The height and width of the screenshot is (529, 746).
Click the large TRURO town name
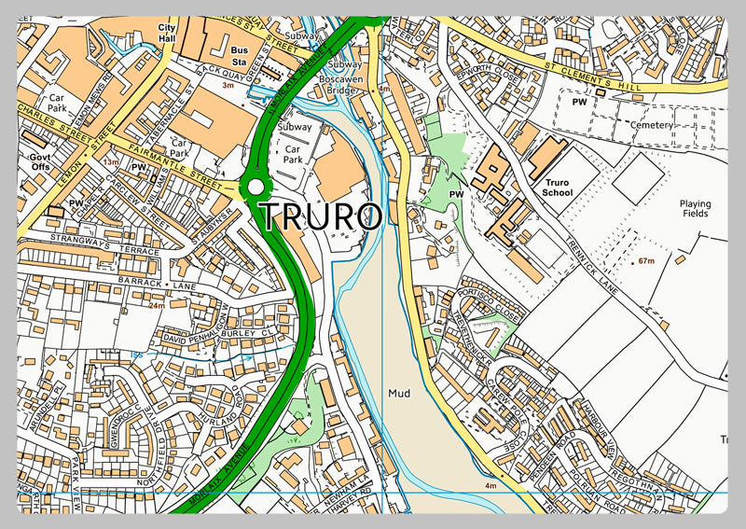[320, 216]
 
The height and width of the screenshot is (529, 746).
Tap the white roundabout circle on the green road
[256, 188]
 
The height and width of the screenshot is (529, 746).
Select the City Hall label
[167, 33]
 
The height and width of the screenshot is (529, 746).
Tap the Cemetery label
[651, 125]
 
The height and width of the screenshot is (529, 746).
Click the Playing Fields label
[695, 209]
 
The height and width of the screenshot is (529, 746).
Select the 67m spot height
[646, 262]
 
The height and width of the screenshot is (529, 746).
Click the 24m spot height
[156, 305]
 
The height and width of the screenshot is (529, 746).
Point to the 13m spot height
[110, 162]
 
